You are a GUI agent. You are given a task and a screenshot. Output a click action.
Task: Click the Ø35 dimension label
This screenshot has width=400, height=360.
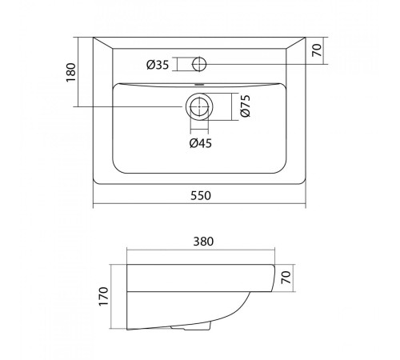(158, 65)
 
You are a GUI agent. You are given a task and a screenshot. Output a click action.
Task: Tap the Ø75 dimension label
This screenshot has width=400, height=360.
(246, 106)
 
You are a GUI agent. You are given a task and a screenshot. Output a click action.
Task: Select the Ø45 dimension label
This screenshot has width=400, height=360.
(201, 143)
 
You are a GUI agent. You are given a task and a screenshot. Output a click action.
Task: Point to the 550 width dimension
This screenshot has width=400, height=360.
(201, 195)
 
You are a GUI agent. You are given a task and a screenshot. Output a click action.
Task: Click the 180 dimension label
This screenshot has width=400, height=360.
(71, 73)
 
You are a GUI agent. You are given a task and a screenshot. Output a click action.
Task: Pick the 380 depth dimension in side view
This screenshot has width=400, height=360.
(203, 242)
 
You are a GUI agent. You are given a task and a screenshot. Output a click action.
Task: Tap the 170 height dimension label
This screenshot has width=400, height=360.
(104, 296)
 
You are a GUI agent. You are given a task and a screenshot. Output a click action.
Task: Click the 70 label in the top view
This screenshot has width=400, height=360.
(317, 50)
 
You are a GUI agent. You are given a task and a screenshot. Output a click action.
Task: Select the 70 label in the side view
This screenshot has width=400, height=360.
(286, 278)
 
